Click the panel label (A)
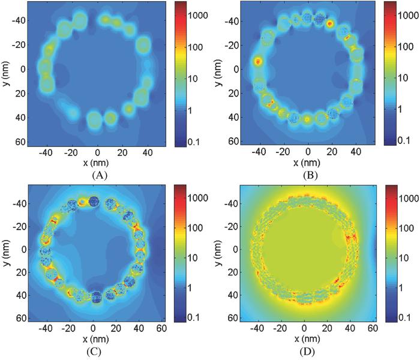[98, 176]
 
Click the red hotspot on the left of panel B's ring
[259, 61]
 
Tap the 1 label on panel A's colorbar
[188, 110]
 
